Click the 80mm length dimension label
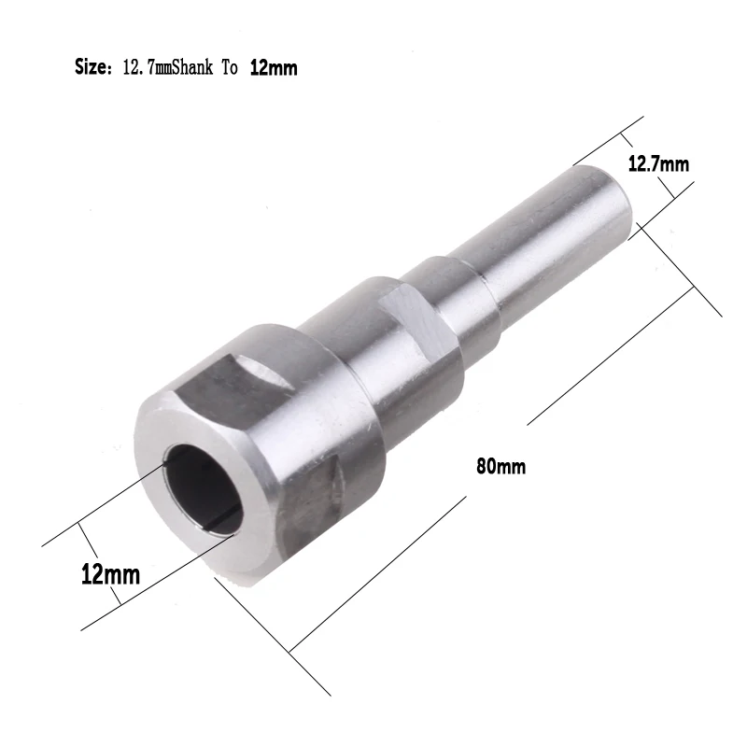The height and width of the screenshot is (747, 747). click(x=500, y=466)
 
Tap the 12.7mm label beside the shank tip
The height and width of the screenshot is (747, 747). click(x=658, y=165)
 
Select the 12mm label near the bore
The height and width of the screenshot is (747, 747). click(x=110, y=573)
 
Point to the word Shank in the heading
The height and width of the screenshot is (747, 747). click(x=191, y=68)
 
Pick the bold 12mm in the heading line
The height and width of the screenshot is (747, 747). click(x=274, y=68)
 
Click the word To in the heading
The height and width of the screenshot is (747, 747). click(x=230, y=68)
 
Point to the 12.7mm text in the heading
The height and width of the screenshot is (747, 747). click(x=147, y=68)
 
